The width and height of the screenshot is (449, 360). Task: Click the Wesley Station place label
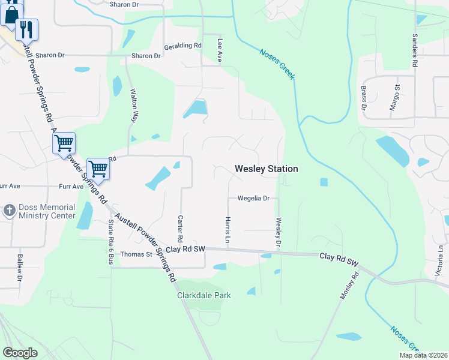(266, 169)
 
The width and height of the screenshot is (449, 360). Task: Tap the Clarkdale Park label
(203, 295)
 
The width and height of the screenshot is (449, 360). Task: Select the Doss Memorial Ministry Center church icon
(9, 211)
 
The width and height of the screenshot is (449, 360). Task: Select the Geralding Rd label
(184, 46)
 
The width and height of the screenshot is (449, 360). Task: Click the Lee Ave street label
(220, 49)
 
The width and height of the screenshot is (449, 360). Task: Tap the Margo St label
(397, 95)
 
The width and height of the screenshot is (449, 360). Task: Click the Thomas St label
(136, 254)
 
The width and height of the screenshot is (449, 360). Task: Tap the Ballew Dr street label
(19, 268)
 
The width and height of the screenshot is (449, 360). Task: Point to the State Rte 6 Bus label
(110, 242)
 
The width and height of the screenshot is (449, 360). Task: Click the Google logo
(20, 352)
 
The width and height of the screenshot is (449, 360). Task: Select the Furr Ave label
(71, 187)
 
